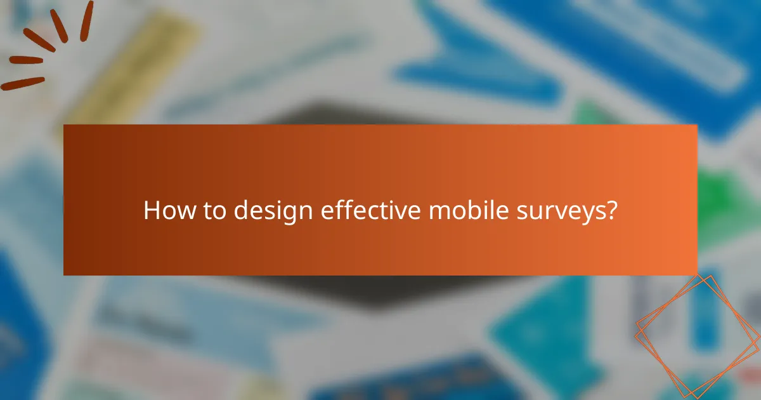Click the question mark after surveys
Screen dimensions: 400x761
click(x=611, y=211)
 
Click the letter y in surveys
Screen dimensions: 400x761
click(x=582, y=215)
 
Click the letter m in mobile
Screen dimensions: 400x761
click(x=436, y=212)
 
